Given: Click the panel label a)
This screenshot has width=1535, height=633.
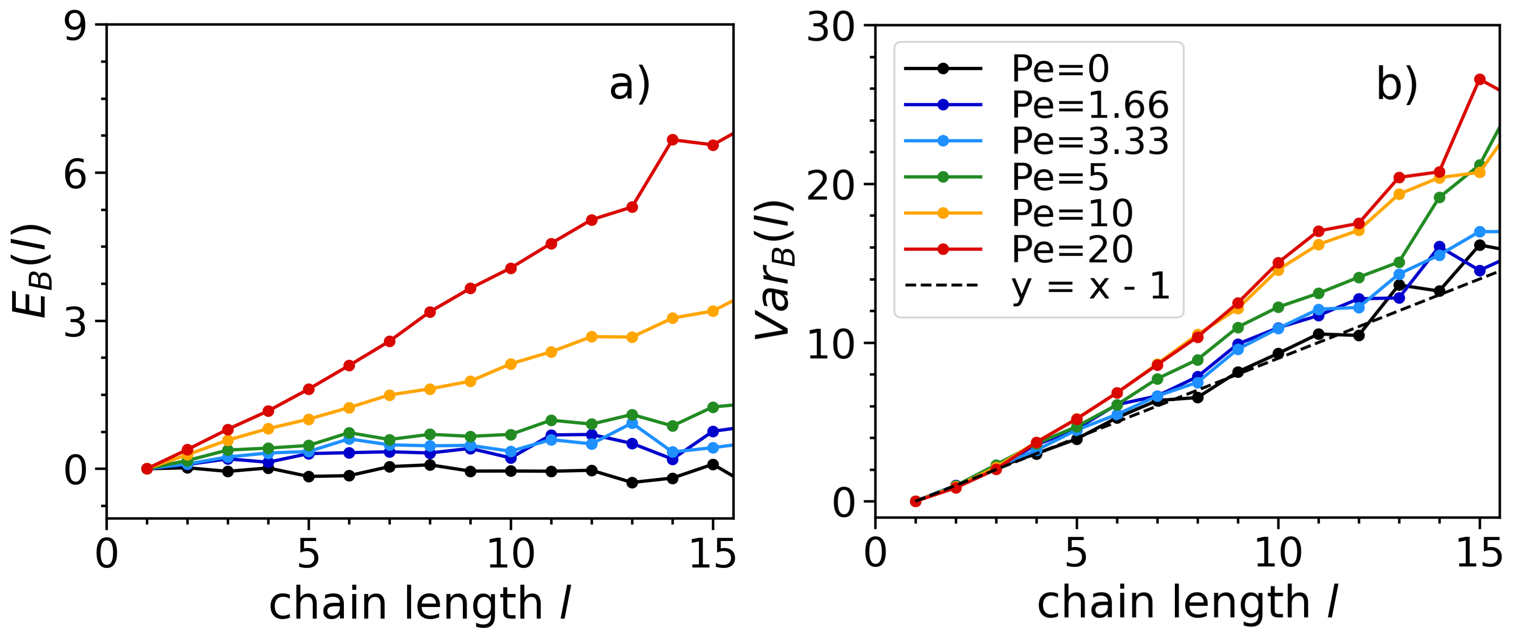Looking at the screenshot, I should tap(629, 85).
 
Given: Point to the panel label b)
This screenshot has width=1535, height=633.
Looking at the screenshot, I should tap(1396, 85).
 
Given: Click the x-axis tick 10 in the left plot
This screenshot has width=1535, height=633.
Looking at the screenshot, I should tap(511, 554).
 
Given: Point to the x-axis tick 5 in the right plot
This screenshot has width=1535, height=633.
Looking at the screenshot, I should tap(1076, 554).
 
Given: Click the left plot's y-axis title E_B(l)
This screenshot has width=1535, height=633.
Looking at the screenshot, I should tap(31, 271).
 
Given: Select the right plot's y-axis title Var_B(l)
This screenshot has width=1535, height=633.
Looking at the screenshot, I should tap(775, 271).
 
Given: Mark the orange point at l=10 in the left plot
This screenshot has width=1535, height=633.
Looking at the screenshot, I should tap(511, 363).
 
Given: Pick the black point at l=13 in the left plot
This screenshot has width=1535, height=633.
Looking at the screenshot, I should tap(632, 482).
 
